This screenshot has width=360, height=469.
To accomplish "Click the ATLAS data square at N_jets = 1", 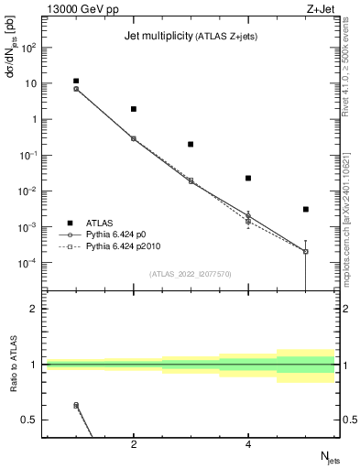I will click(76, 81).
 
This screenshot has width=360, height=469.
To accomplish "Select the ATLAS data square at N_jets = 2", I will click(134, 109).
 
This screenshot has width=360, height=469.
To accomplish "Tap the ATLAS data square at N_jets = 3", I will click(191, 144).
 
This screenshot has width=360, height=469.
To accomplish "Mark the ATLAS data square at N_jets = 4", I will click(248, 178).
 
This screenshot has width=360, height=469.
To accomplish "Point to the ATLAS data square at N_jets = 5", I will click(306, 210).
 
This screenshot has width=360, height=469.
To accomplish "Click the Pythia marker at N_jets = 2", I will click(134, 138).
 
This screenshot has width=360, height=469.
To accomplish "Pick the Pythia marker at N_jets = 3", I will click(191, 180).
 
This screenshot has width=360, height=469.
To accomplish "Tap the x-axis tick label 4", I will click(248, 445).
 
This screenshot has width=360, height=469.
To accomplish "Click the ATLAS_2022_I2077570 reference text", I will click(191, 273).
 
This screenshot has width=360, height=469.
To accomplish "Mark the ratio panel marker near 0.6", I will click(76, 405).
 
